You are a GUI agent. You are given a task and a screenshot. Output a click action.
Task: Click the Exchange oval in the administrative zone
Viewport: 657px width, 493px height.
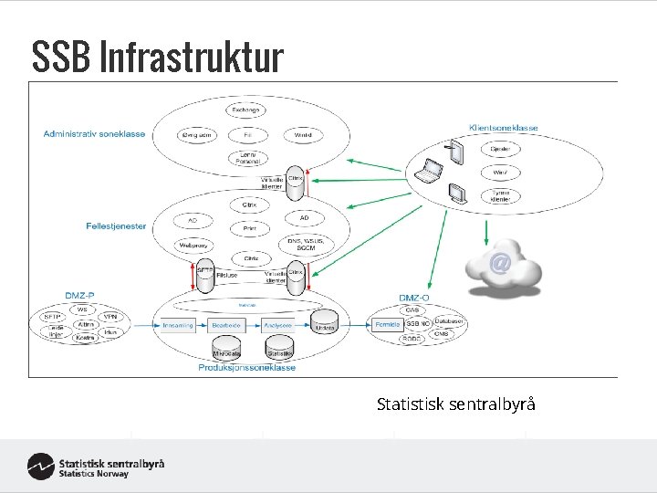245,110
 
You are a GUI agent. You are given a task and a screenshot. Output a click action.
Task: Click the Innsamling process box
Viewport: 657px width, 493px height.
175,324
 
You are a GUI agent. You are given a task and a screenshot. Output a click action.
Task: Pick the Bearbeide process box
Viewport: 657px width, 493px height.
224,324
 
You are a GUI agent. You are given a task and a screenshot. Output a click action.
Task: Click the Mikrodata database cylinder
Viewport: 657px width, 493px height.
226,351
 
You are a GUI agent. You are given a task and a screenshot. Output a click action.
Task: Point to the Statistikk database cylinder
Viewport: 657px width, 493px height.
279,351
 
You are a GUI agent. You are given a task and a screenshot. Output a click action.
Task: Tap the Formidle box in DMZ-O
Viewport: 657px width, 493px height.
387,324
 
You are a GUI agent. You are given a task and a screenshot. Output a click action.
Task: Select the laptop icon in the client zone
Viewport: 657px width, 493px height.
429,170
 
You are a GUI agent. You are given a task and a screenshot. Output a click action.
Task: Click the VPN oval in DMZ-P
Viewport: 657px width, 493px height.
110,317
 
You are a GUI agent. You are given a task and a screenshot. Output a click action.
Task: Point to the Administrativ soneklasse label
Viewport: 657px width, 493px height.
94,134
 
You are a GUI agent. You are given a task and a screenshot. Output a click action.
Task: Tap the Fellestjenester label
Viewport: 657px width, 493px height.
116,226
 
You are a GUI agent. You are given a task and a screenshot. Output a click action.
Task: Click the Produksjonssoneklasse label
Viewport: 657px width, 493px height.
246,368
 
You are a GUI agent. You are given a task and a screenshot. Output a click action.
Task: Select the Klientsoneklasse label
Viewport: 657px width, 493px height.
503,128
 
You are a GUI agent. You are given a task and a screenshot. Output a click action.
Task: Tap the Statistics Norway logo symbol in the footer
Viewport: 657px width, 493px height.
40,466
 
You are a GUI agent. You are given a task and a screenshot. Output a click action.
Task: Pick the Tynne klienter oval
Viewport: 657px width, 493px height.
501,194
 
